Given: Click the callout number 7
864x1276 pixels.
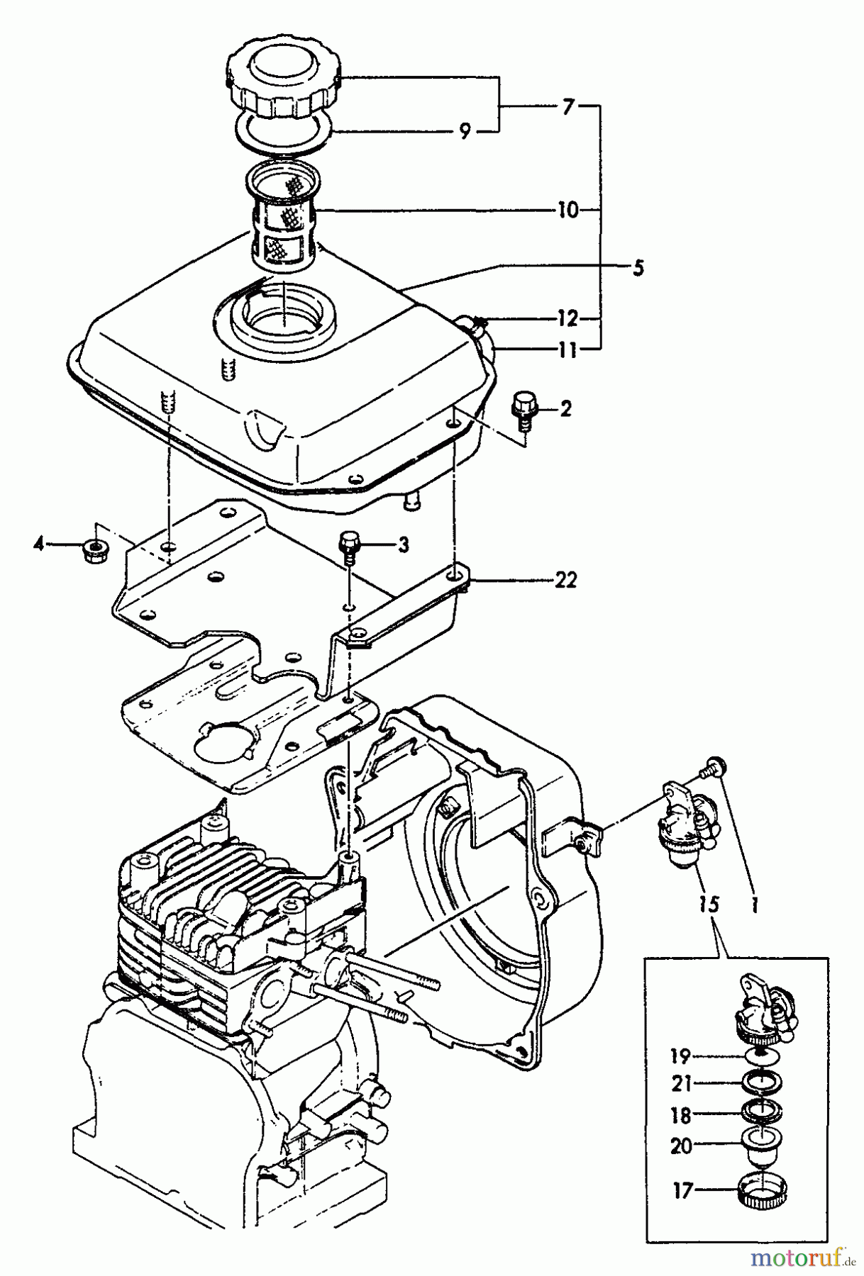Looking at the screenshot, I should (567, 108).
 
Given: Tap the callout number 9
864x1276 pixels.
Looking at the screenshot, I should (465, 132).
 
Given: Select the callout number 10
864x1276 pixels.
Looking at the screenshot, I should (567, 211).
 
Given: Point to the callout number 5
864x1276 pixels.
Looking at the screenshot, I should (638, 268).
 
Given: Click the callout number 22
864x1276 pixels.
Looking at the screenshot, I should (566, 581).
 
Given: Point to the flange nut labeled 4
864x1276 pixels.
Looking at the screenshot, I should (92, 547).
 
